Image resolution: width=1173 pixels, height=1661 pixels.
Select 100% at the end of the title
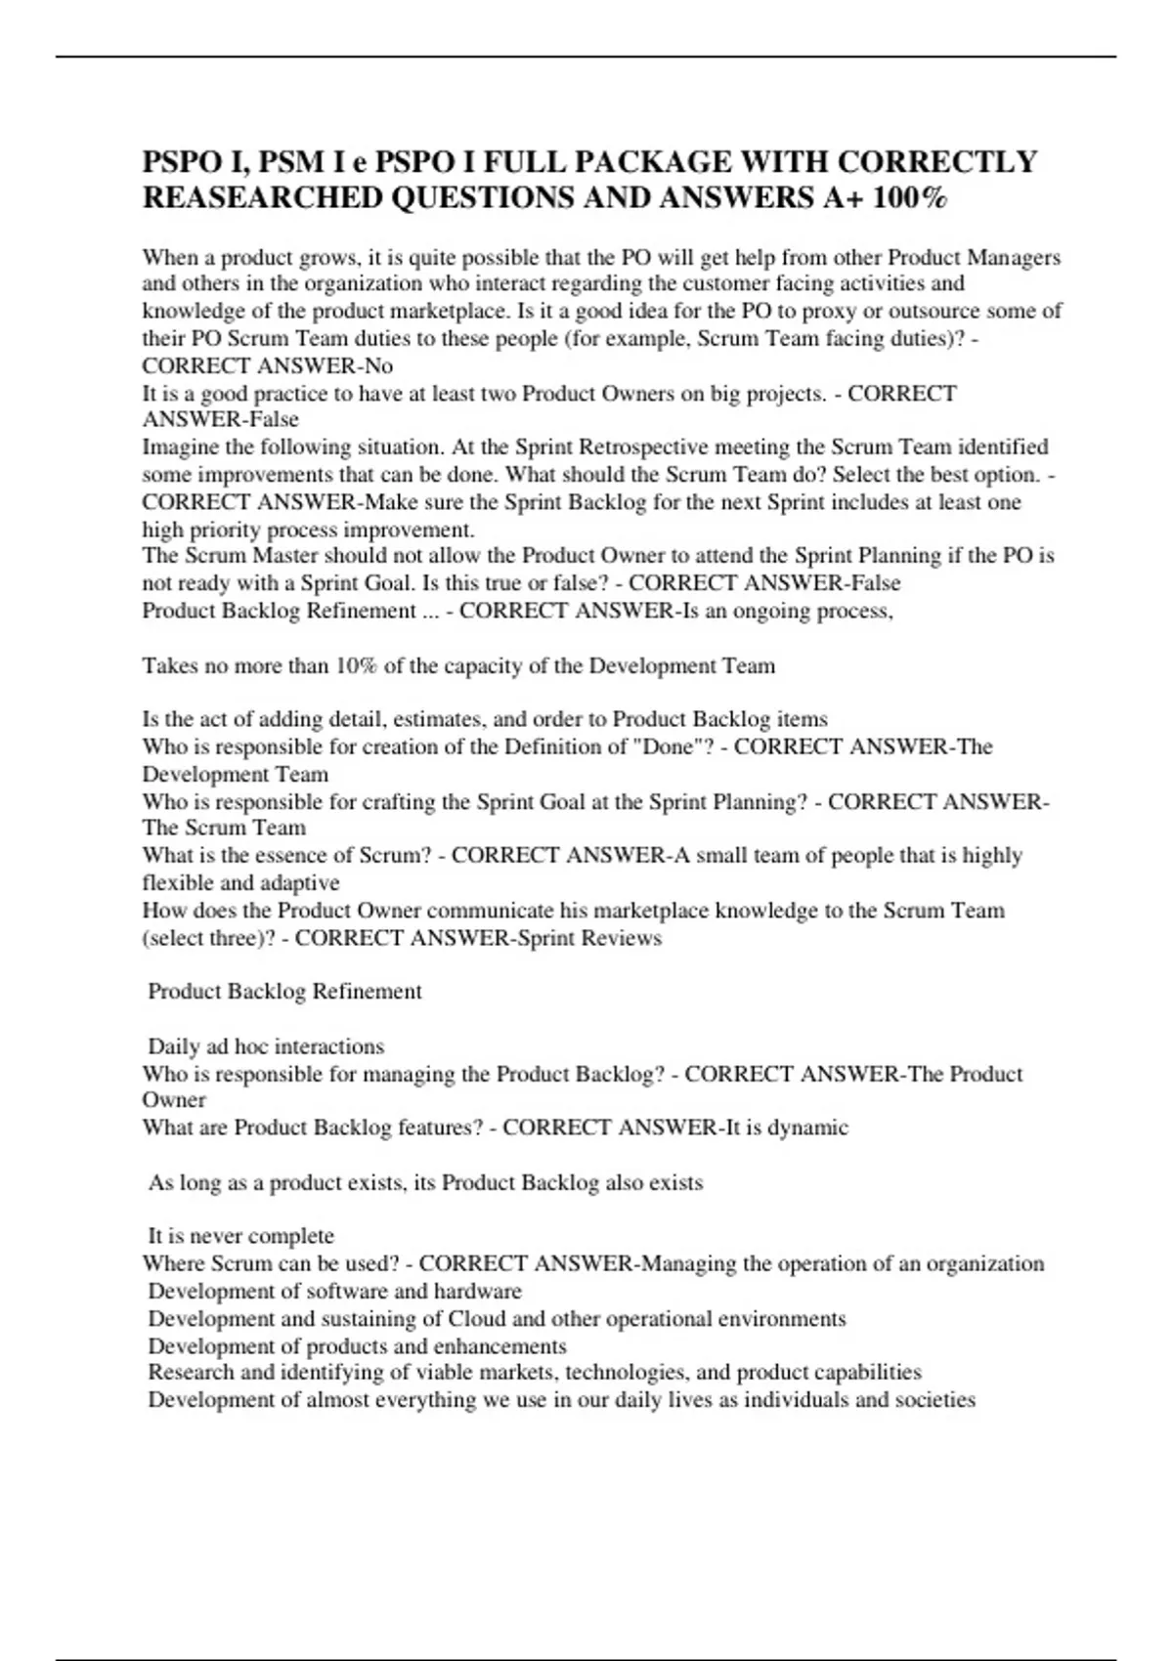909,197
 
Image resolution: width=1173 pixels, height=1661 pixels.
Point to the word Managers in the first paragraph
1014,258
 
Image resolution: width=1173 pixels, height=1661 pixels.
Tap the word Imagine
181,447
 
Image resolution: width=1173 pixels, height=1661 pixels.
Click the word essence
293,856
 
